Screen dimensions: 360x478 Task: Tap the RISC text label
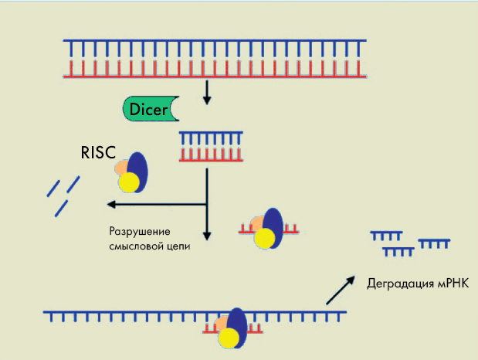(99, 153)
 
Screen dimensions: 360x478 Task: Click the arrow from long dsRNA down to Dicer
(206, 93)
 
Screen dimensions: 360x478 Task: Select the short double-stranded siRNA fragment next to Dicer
(207, 145)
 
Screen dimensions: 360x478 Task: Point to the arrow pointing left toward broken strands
(154, 205)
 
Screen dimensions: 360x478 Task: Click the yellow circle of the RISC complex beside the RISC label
(128, 182)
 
